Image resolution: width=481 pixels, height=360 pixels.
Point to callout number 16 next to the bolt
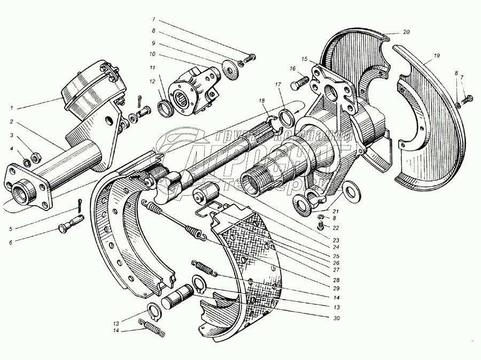[x=292, y=68]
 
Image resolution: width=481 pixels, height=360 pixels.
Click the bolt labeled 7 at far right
[x=469, y=98]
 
